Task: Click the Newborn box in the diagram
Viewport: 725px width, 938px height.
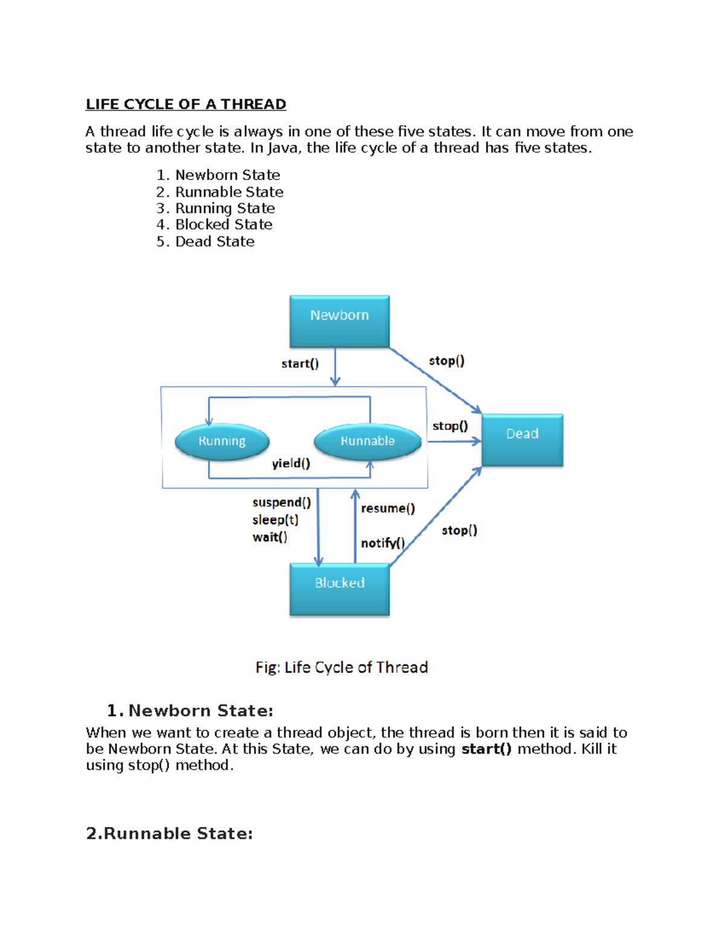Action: (340, 321)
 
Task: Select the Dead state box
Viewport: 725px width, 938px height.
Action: (523, 440)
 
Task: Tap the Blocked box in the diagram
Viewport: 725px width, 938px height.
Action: (340, 589)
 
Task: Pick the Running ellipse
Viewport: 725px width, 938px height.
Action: (222, 442)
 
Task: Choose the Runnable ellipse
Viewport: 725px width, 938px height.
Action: (367, 442)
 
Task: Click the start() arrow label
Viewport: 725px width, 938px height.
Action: (300, 364)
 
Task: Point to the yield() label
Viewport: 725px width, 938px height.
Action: (291, 463)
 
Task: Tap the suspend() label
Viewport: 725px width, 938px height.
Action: (282, 503)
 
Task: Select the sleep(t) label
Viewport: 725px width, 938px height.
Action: (275, 520)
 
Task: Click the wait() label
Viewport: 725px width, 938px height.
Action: (270, 537)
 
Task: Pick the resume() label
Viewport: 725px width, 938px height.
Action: (388, 509)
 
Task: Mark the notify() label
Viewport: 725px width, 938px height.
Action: (382, 543)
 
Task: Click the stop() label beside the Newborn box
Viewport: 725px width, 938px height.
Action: (446, 361)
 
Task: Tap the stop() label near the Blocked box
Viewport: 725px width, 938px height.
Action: (459, 530)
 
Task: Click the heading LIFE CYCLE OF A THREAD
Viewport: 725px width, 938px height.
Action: (186, 104)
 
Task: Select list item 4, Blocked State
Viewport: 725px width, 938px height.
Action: (224, 225)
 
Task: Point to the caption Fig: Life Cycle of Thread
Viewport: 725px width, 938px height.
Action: (341, 667)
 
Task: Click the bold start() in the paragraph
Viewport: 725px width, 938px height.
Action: (486, 750)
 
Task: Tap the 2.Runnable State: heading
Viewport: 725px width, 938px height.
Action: (169, 834)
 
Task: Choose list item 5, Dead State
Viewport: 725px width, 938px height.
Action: (214, 242)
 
